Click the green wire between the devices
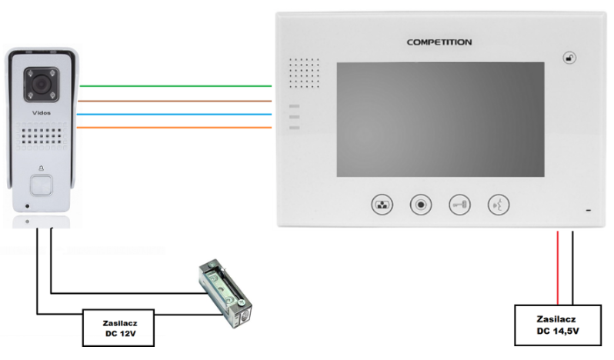[x=175, y=85]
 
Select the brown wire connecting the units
[x=175, y=101]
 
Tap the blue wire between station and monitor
[x=174, y=115]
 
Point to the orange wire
[x=174, y=128]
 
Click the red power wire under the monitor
[x=558, y=268]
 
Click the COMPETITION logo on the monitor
[x=439, y=42]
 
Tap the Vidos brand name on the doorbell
[x=41, y=113]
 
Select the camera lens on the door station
[x=41, y=84]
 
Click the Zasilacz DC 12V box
[x=118, y=328]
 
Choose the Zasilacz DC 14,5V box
[x=558, y=325]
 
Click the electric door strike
[x=225, y=293]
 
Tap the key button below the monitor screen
[x=459, y=205]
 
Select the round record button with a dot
[x=421, y=205]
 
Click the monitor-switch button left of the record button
[x=382, y=205]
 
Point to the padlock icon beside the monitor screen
[x=569, y=58]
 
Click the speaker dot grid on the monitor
[x=304, y=73]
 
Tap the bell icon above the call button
[x=41, y=168]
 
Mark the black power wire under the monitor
[x=572, y=268]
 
